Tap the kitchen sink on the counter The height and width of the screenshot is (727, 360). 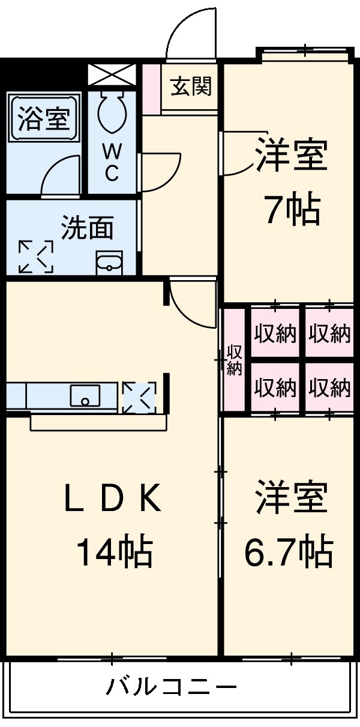click(x=85, y=396)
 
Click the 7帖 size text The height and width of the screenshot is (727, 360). click(x=292, y=209)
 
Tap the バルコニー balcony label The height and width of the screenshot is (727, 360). click(x=172, y=686)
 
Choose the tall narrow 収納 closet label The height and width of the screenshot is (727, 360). click(x=234, y=361)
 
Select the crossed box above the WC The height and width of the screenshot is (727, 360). click(x=112, y=75)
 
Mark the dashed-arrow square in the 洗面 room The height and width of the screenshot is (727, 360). click(x=36, y=257)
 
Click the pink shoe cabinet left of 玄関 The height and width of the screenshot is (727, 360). click(x=152, y=88)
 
